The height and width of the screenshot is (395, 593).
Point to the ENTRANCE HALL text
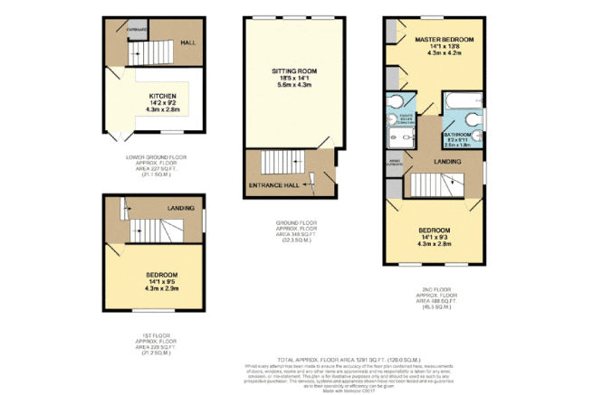(275, 185)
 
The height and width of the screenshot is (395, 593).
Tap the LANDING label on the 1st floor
(181, 209)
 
